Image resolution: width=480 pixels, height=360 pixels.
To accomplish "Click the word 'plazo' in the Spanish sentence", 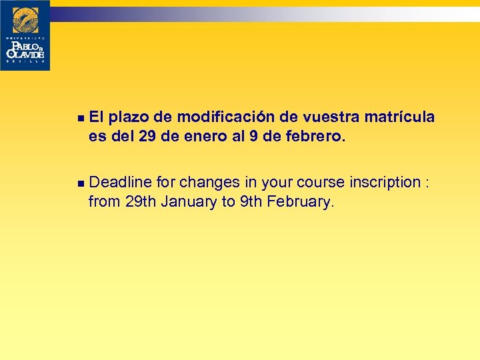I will point(128,118).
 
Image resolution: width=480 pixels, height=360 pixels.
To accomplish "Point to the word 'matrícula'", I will point(399,118).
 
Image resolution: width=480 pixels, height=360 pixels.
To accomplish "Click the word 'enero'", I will point(199,137).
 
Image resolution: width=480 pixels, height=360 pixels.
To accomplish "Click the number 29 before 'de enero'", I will point(147,137).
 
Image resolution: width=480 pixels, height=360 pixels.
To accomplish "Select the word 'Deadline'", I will point(121,183).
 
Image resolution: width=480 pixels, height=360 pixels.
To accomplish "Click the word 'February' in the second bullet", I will point(299,202).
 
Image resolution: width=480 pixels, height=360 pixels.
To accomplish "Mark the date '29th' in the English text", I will point(140,202).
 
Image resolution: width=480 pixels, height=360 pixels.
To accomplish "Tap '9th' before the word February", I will point(251,202).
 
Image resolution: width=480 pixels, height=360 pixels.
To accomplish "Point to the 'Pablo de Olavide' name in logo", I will point(25,49).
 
